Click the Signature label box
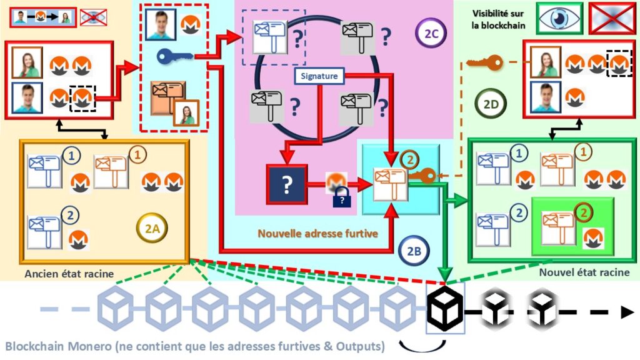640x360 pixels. pos(319,76)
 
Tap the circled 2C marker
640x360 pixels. pos(431,35)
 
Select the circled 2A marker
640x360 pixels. pos(152,229)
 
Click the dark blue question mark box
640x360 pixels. pos(287,184)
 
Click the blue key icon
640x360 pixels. pos(174,57)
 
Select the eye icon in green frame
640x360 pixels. pos(559,17)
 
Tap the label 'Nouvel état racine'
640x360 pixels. pos(584,273)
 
